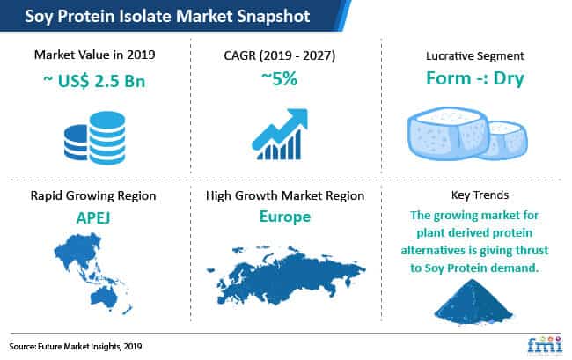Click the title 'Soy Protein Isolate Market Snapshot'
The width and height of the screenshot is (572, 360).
coord(167,16)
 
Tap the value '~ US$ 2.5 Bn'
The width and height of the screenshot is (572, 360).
coord(94,81)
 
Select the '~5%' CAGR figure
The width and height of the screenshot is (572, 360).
coord(280,79)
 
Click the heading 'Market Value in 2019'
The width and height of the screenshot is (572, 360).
coord(94,55)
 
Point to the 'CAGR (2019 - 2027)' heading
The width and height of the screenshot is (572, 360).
coord(280,55)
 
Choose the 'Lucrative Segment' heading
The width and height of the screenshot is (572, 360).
coord(474,55)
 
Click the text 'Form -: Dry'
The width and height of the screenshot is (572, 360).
coord(475,78)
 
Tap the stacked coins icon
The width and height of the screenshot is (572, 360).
coord(95,138)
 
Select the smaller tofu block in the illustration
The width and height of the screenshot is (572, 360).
coord(508,141)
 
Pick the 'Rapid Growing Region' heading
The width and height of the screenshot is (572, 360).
coord(93,196)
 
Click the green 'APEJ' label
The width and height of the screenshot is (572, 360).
coord(93,218)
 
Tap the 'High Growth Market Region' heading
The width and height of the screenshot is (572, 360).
coord(285,196)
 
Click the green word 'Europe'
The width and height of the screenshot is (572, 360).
coord(285,217)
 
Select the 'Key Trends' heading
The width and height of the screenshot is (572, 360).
coord(480,195)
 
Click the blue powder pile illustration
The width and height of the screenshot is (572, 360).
coord(473,302)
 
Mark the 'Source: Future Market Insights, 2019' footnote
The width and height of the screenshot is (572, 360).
coord(76,347)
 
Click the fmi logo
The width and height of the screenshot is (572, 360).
coord(545,345)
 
